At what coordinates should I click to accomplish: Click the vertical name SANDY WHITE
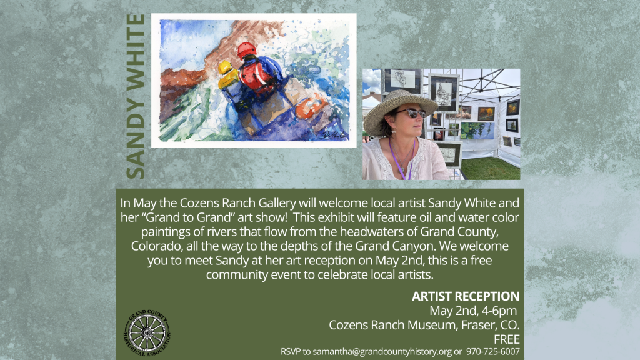coord(136,97)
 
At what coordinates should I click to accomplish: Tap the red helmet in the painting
coord(246,51)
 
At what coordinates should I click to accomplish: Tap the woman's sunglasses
coord(410,113)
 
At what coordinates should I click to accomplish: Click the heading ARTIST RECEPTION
coord(466,296)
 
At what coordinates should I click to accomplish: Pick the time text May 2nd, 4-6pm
coord(474,311)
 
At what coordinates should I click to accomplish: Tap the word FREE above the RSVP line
coord(507,339)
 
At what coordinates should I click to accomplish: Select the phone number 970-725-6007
coord(493,352)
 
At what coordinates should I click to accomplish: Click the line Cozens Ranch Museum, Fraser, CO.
coord(424,325)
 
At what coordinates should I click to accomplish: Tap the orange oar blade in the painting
coord(311,104)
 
